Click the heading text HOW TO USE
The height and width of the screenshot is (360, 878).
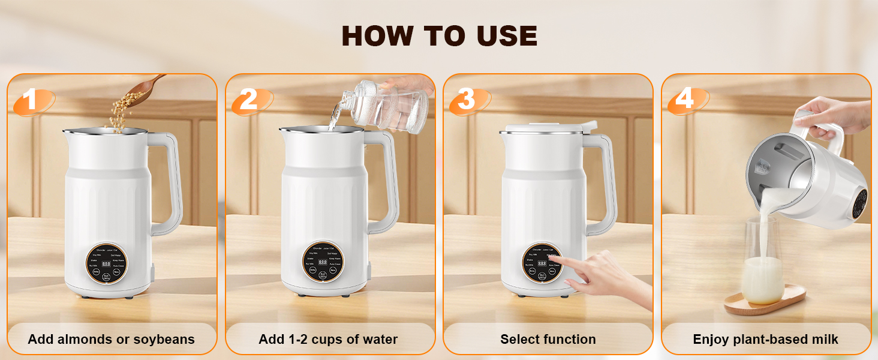pyautogui.click(x=439, y=37)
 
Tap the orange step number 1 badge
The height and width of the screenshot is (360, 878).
pyautogui.click(x=31, y=100)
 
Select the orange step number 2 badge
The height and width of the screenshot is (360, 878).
pyautogui.click(x=248, y=100)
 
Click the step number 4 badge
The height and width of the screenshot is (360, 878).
pyautogui.click(x=684, y=99)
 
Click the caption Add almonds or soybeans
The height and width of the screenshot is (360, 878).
pyautogui.click(x=112, y=340)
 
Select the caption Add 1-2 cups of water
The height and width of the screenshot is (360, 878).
pyautogui.click(x=328, y=340)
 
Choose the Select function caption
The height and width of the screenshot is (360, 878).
pyautogui.click(x=548, y=340)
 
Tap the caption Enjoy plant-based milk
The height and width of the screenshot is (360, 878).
pyautogui.click(x=766, y=340)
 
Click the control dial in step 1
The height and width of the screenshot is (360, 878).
pyautogui.click(x=106, y=264)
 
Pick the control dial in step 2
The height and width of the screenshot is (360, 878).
pyautogui.click(x=323, y=264)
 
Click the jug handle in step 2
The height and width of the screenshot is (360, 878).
pyautogui.click(x=387, y=180)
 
